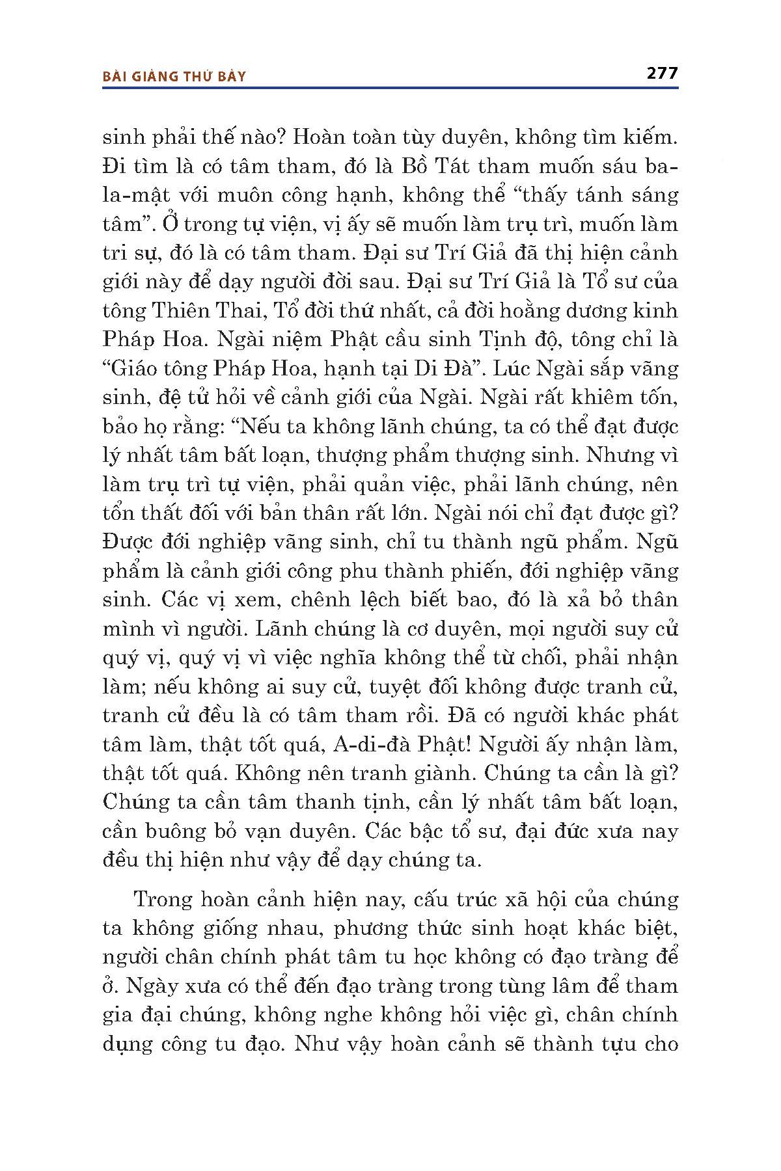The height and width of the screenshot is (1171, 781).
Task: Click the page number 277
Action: (x=662, y=73)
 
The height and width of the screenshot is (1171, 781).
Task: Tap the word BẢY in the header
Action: (x=232, y=77)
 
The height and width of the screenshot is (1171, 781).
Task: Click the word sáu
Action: (x=610, y=166)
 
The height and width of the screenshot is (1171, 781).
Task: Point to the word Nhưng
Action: (x=616, y=455)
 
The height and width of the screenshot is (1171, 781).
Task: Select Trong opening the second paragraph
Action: (x=163, y=900)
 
